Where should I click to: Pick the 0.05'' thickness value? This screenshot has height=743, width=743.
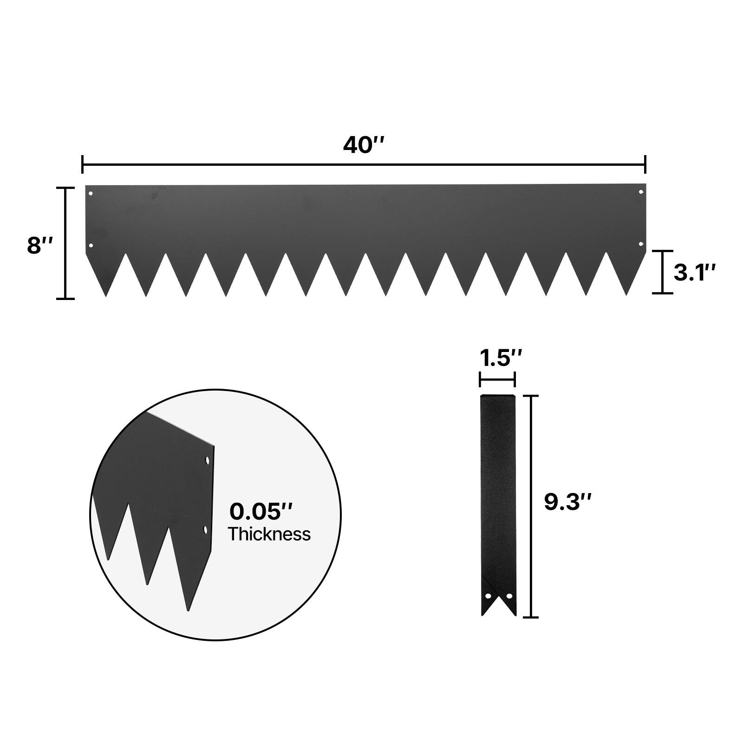point(261,512)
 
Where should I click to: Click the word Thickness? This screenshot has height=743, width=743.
point(269,534)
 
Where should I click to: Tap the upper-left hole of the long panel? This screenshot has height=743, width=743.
point(91,193)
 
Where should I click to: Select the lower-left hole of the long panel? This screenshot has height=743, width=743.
point(91,245)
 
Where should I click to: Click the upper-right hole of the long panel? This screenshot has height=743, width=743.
point(641,192)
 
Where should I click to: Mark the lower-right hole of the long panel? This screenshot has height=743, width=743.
point(641,244)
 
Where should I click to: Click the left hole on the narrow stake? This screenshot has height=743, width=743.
point(488,595)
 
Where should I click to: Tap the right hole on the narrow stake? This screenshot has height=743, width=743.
point(508,595)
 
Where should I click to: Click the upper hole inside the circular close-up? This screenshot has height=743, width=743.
point(207,461)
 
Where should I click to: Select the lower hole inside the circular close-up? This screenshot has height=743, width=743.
point(205,529)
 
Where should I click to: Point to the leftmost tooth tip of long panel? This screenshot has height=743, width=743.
point(106,296)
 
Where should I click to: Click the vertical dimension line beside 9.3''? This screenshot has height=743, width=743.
point(531,506)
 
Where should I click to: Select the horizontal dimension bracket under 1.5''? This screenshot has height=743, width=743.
point(497,380)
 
